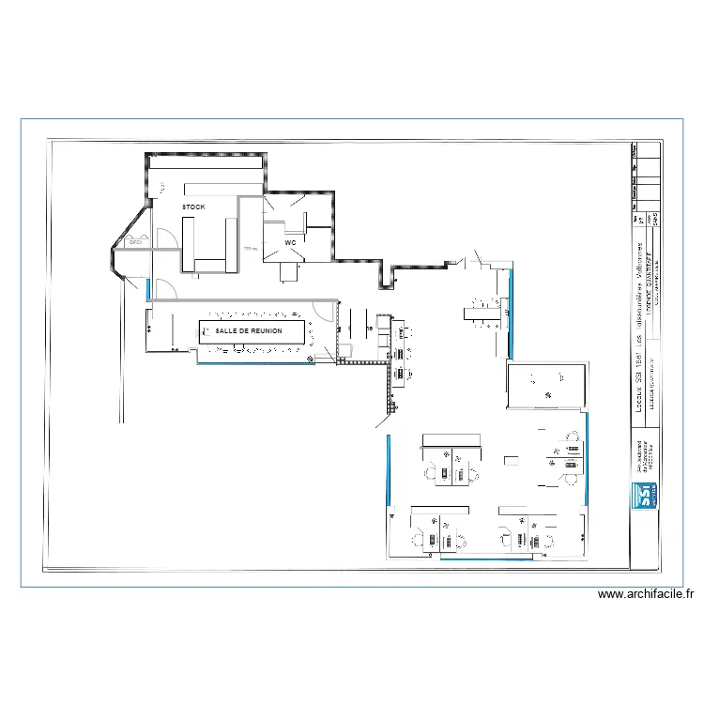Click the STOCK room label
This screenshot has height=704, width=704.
193,207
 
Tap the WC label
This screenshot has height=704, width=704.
290,243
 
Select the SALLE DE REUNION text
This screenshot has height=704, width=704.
249,331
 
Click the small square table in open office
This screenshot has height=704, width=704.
511,461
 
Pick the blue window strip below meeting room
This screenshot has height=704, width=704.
253,364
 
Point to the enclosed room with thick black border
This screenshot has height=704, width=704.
545,386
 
